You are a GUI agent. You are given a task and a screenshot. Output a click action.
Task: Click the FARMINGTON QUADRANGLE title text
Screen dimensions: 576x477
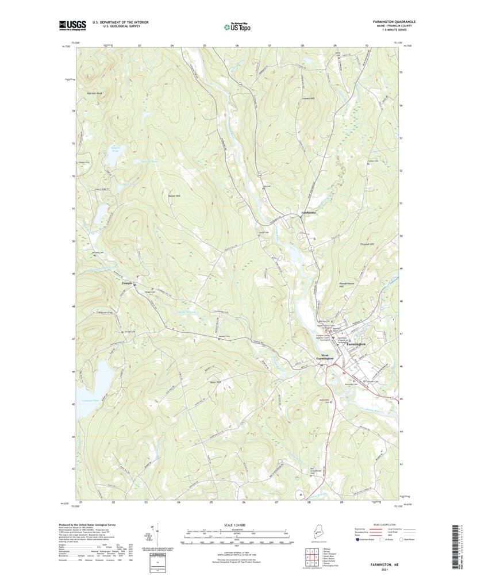point(390,22)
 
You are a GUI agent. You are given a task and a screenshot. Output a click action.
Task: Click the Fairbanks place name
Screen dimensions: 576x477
point(309,213)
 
